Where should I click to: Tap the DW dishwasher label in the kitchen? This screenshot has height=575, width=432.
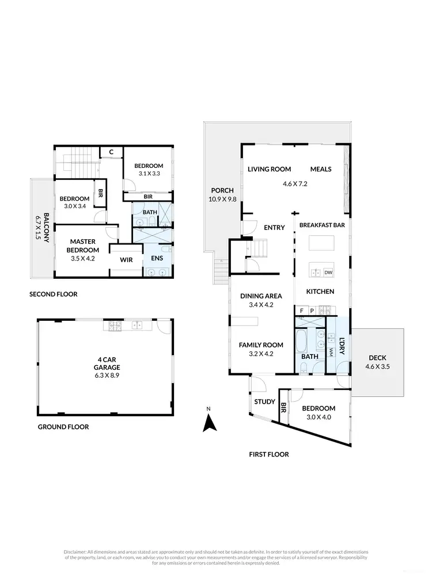pos(328,272)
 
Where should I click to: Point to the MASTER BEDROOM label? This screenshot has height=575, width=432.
pos(84,246)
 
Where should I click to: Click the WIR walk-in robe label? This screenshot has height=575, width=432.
pos(127,260)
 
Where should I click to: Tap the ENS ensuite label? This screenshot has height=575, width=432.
pos(157,258)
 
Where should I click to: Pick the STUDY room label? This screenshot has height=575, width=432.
pos(264,401)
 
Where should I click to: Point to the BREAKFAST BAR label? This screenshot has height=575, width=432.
pos(322,225)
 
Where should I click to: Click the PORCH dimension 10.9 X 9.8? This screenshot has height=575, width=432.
pos(222,199)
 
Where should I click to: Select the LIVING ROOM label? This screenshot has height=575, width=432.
pos(269,169)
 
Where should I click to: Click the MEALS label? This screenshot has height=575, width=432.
pos(321,169)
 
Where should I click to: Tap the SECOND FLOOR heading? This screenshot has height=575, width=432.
pos(53,294)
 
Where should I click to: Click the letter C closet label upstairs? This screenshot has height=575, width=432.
pos(112,152)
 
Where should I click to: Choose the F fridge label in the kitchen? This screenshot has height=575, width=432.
pos(301,311)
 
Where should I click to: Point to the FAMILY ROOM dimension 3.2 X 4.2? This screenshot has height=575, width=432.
pos(261,354)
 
